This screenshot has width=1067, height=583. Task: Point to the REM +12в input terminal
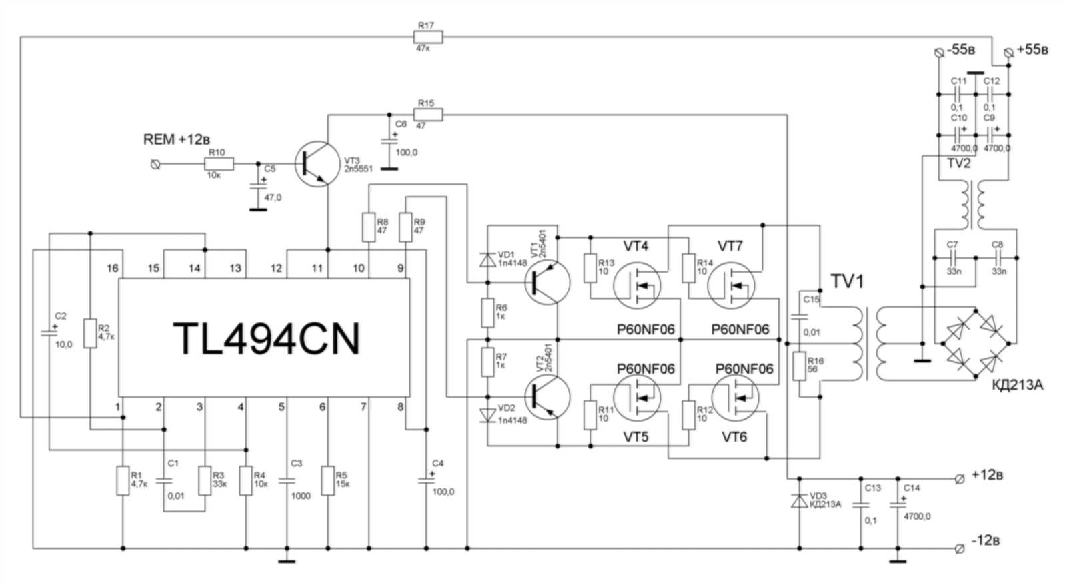pos(156,163)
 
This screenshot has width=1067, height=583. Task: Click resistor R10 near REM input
pos(219,163)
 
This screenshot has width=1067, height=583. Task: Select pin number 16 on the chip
pos(112,268)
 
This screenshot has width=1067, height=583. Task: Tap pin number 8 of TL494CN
pos(400,406)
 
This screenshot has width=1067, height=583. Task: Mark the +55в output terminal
pos(1008,51)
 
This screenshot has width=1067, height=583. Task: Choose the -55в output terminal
pos(938,51)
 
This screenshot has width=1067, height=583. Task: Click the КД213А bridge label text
pos(1017,384)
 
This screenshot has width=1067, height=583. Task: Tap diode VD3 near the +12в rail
pos(799,501)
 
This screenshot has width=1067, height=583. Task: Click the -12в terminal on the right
pos(960,548)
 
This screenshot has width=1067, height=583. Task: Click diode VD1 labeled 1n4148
pos(487,260)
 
